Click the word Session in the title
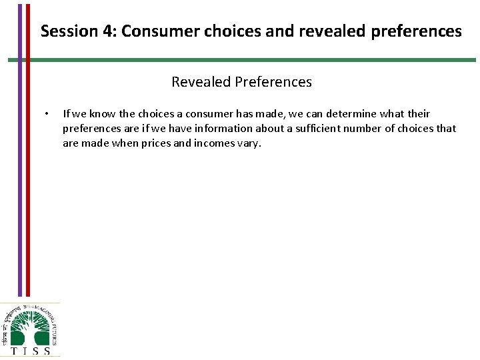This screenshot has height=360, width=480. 64,31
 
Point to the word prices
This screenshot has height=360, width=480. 154,143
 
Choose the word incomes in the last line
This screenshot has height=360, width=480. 215,143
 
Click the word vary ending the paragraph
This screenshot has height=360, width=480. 251,143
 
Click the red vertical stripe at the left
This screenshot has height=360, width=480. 27,167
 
